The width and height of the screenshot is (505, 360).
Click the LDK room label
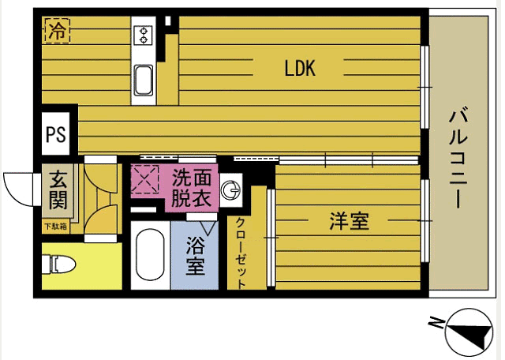[300, 69]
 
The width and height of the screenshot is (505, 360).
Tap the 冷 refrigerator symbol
[57, 32]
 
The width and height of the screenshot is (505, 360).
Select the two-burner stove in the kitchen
[144, 34]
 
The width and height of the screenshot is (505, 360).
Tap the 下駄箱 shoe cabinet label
[55, 227]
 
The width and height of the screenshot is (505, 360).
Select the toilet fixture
[60, 263]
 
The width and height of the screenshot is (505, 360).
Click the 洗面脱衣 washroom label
[192, 188]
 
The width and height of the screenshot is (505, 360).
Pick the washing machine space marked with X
[145, 180]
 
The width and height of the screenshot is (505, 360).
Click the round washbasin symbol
[231, 189]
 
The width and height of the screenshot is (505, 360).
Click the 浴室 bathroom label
[196, 255]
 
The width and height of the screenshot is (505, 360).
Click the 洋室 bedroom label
[350, 222]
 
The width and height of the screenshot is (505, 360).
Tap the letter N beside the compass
[436, 321]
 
